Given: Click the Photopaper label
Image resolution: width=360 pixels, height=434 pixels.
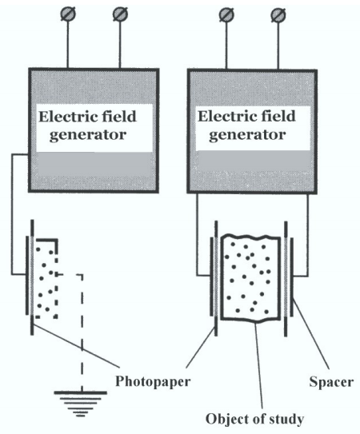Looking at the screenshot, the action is click(x=153, y=382).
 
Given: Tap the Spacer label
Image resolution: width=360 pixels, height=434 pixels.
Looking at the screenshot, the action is click(x=331, y=382).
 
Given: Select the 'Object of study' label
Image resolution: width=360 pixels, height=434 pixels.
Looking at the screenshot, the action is click(x=254, y=419).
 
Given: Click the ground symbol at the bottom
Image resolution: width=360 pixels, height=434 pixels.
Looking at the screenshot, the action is click(x=80, y=404).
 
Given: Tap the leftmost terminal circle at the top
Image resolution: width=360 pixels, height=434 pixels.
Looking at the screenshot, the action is click(x=68, y=14).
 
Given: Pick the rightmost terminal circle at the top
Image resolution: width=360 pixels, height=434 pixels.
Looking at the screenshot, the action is click(x=278, y=14).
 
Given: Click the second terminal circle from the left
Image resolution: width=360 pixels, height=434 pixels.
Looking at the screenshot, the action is click(x=120, y=14).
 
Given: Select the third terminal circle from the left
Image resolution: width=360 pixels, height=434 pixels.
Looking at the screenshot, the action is click(x=226, y=14).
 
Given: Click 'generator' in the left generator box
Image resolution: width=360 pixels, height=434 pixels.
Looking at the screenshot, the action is click(x=88, y=135).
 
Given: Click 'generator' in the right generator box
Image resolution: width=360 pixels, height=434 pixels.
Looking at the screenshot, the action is click(x=247, y=135).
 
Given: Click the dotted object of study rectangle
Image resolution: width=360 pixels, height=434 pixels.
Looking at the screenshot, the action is click(x=250, y=278).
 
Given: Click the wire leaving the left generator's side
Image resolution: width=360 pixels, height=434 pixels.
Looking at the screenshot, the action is click(x=12, y=214).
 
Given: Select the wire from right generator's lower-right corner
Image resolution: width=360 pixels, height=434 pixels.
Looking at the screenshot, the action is click(x=308, y=235).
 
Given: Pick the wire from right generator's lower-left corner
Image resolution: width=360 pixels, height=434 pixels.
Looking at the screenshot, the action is click(x=197, y=235).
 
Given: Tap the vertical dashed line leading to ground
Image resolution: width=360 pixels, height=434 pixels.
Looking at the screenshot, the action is click(x=82, y=332).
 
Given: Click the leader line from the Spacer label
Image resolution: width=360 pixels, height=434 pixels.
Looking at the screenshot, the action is click(x=311, y=335).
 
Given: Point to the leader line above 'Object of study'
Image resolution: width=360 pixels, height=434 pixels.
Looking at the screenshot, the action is click(x=258, y=365).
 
